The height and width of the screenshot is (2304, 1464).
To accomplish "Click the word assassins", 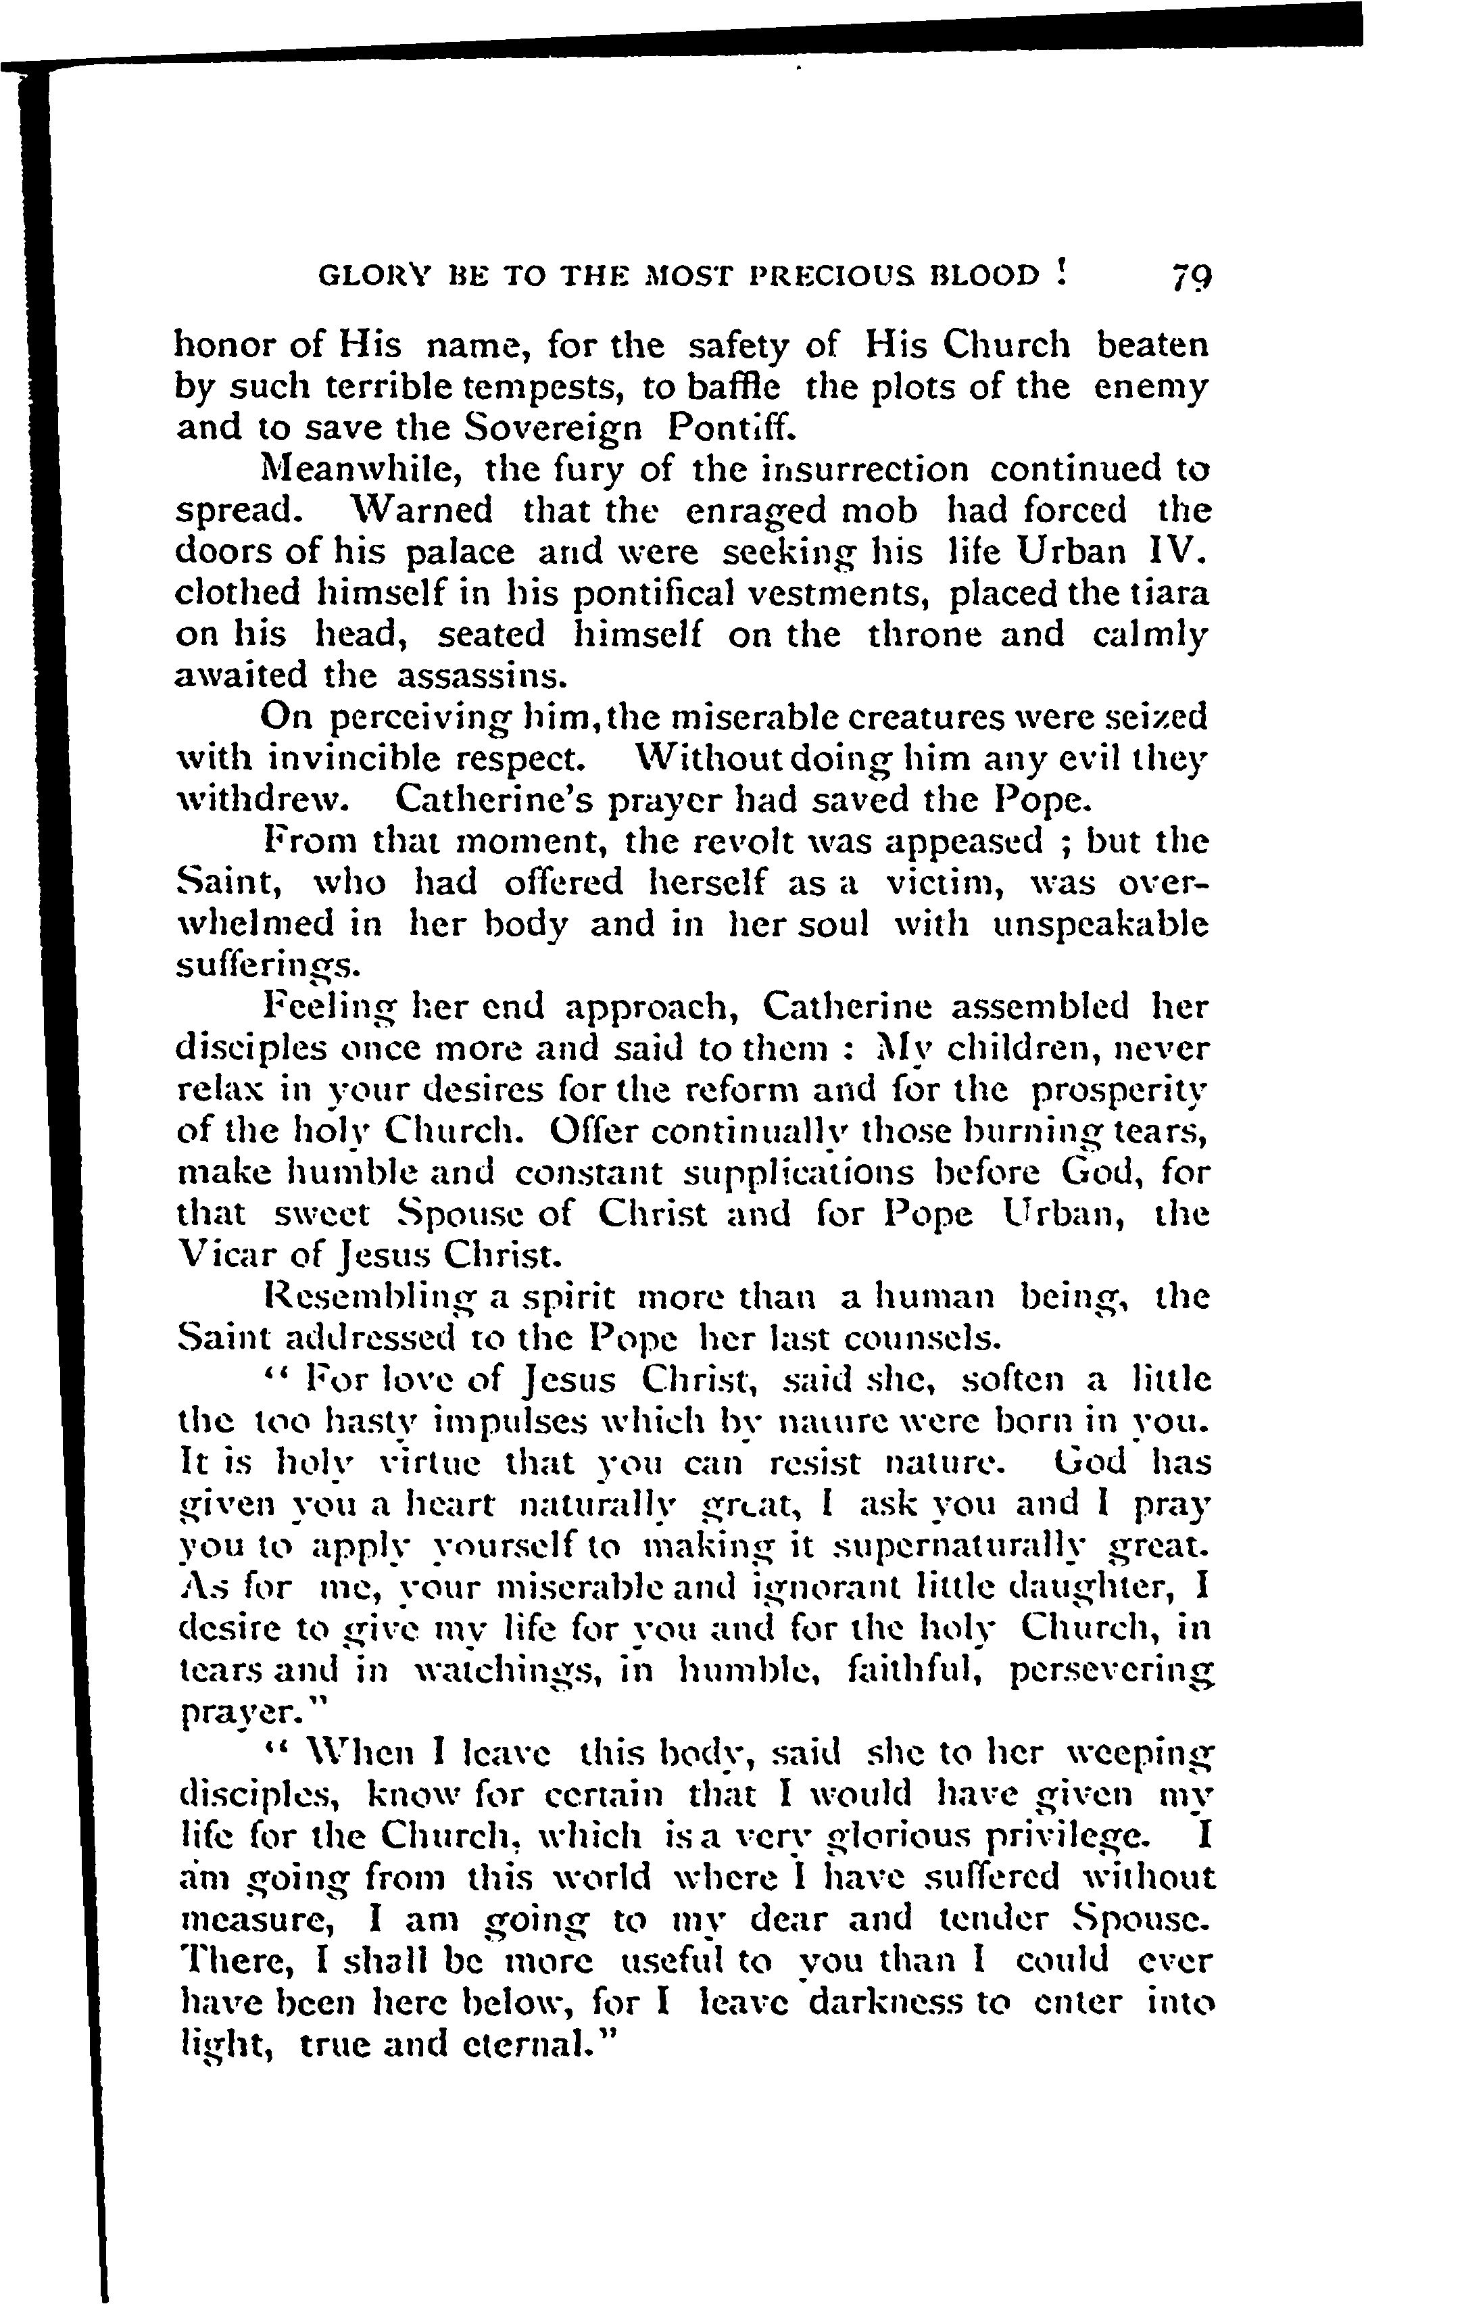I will click(x=483, y=677).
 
